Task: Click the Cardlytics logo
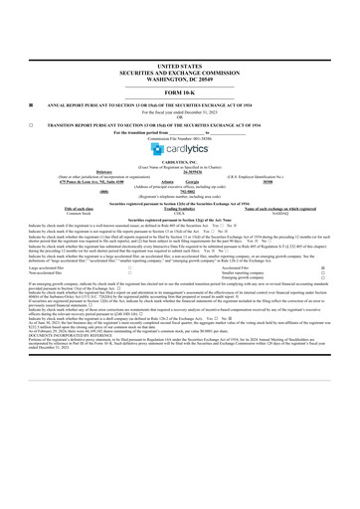(x=179, y=151)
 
